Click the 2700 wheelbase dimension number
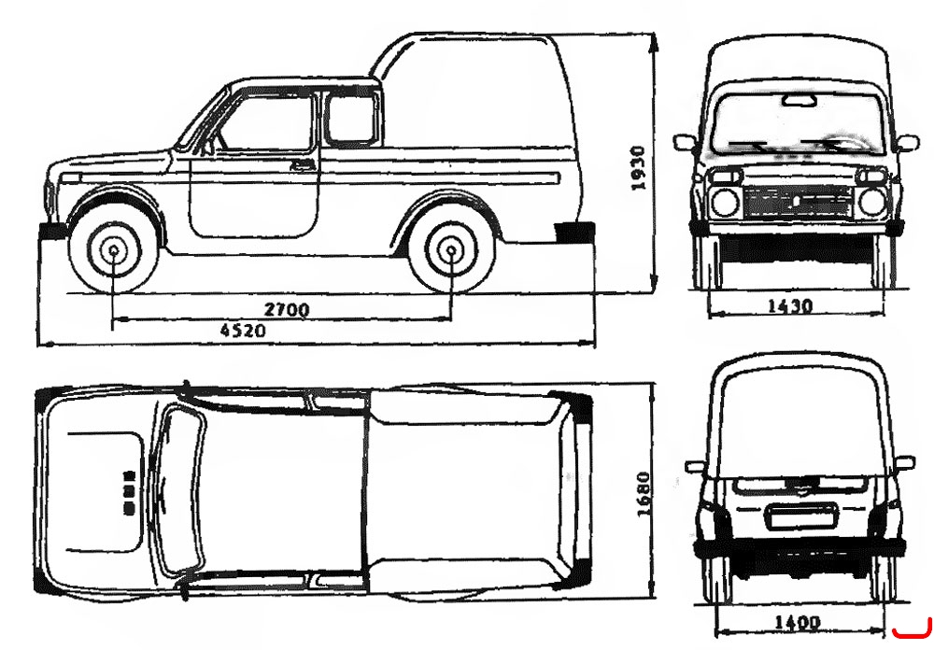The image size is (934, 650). pyautogui.click(x=287, y=310)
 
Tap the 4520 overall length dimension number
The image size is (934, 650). pyautogui.click(x=243, y=331)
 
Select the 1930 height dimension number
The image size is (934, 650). pyautogui.click(x=638, y=168)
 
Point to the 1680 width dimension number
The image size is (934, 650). pyautogui.click(x=644, y=494)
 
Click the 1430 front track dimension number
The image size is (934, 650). pyautogui.click(x=790, y=306)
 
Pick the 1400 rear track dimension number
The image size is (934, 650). pyautogui.click(x=797, y=623)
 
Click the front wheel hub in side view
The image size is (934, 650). pyautogui.click(x=114, y=251)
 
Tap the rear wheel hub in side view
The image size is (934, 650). pyautogui.click(x=451, y=251)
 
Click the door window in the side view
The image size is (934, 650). pyautogui.click(x=267, y=122)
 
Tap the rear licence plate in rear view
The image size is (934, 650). pyautogui.click(x=801, y=516)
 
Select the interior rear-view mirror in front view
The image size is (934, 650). pyautogui.click(x=800, y=100)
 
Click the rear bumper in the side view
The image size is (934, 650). pyautogui.click(x=574, y=233)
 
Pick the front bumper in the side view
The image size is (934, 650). pyautogui.click(x=52, y=232)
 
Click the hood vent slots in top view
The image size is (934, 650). pyautogui.click(x=129, y=492)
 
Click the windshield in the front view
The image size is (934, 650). pyautogui.click(x=797, y=124)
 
